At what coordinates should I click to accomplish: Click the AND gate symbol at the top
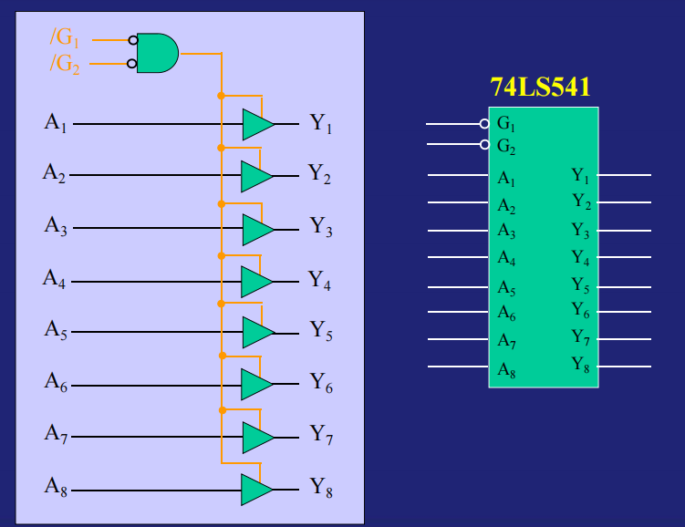[158, 53]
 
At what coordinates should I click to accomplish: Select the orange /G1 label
[65, 38]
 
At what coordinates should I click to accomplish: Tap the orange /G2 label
[65, 65]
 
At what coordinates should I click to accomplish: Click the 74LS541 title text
[540, 88]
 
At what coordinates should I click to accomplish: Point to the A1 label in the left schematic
[56, 122]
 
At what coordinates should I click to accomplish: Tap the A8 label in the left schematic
[56, 487]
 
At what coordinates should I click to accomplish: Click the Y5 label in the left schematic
[321, 331]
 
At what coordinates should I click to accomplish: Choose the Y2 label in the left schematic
[319, 173]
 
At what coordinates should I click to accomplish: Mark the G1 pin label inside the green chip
[506, 124]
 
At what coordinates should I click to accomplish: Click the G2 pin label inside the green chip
[506, 146]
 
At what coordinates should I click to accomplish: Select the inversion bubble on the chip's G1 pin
[484, 123]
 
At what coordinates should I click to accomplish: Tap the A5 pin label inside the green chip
[506, 288]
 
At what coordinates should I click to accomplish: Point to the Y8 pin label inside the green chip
[580, 366]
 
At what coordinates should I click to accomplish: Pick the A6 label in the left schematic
[56, 383]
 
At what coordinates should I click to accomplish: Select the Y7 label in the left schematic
[321, 435]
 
